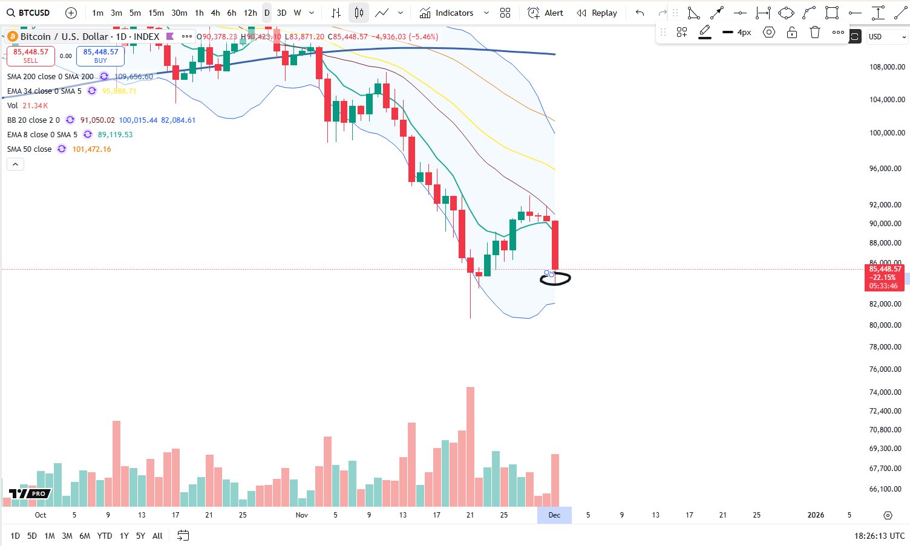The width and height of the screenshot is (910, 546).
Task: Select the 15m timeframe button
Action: (156, 13)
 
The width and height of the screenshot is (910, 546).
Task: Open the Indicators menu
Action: (454, 13)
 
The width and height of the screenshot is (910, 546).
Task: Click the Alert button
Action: (546, 13)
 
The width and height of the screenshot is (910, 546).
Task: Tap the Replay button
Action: (597, 13)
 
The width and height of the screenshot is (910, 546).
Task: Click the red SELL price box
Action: (31, 56)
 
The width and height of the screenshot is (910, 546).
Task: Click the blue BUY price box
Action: (100, 56)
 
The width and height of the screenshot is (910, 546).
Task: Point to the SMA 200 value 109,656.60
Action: (134, 77)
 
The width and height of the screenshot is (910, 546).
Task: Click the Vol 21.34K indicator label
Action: (27, 106)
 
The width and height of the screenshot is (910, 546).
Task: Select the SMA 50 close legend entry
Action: (30, 149)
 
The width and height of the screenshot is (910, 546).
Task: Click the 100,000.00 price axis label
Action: (887, 133)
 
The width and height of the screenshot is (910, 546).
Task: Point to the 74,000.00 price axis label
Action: (887, 392)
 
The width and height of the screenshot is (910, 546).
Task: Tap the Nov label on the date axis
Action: (302, 515)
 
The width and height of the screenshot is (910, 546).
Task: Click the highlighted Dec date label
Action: (554, 515)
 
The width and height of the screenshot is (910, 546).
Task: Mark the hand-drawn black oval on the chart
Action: (555, 279)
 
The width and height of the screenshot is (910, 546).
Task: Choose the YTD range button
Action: (105, 536)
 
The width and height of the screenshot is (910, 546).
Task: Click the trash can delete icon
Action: (815, 33)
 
